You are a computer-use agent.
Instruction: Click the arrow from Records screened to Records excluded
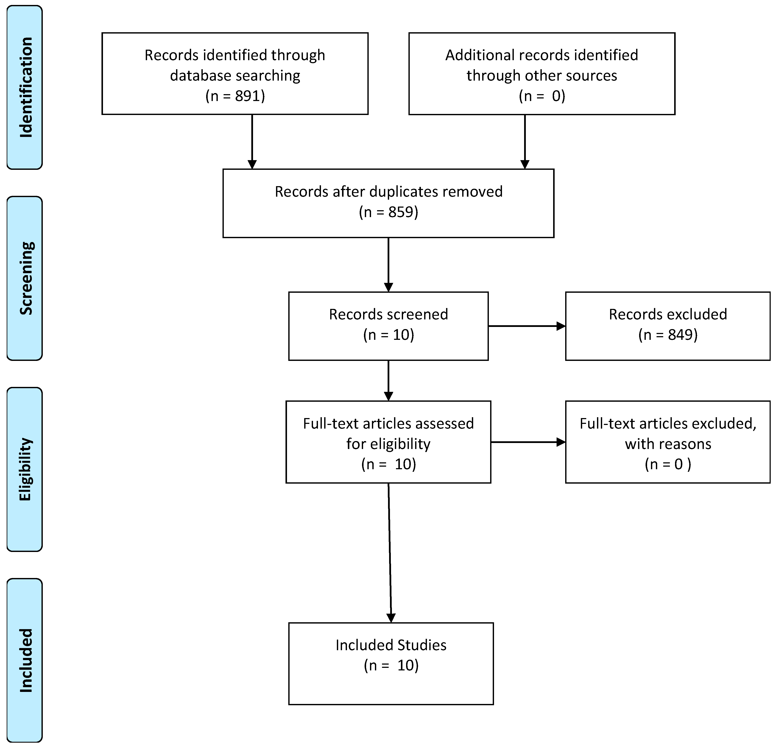pyautogui.click(x=526, y=326)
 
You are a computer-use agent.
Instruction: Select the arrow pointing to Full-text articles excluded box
pyautogui.click(x=528, y=442)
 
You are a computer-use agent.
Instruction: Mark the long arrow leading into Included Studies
pyautogui.click(x=390, y=556)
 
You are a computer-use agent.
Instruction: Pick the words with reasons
pyautogui.click(x=668, y=444)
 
